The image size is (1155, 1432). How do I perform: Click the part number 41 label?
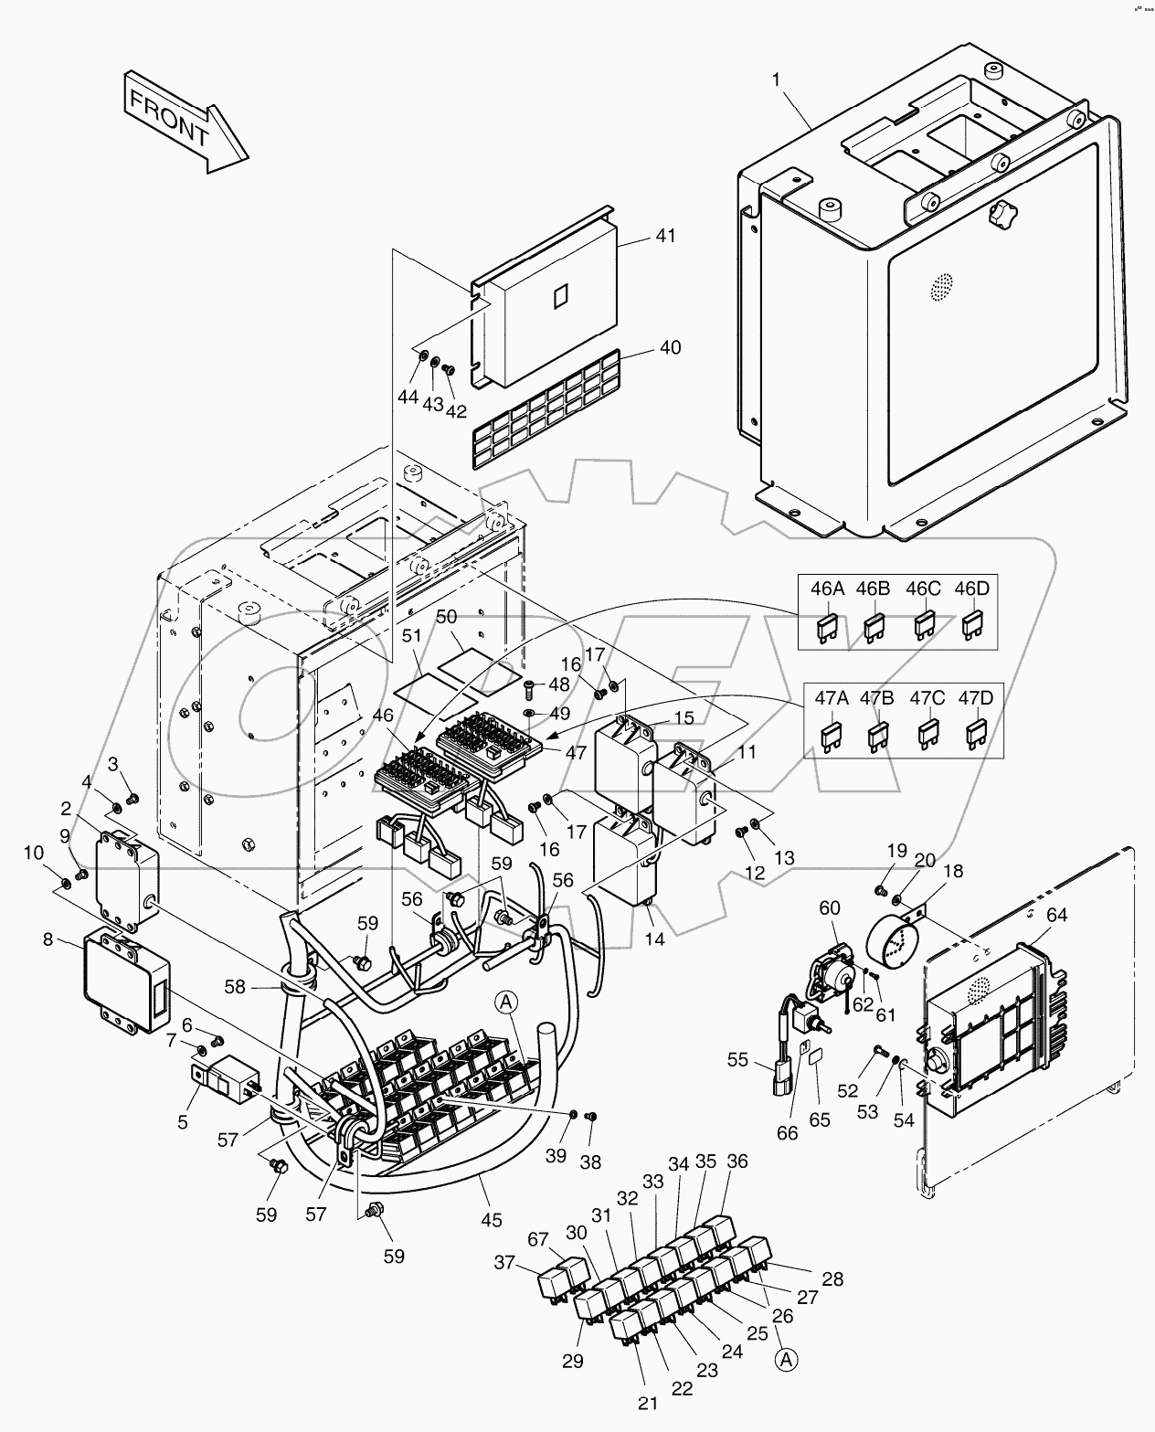point(665,236)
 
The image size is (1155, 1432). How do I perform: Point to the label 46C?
point(923,589)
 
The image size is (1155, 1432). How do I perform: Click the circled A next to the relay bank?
point(509,1002)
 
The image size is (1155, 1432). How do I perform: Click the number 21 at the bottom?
point(649,1403)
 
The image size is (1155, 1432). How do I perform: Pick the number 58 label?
point(235,986)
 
